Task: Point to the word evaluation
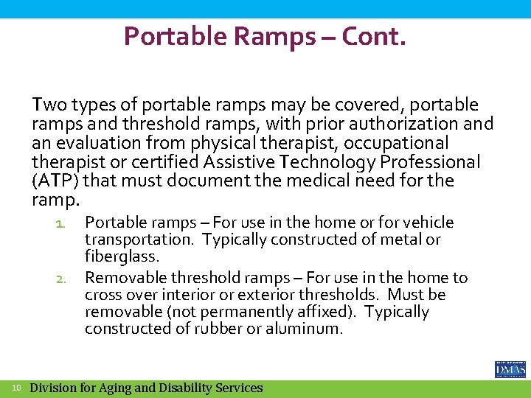click(x=97, y=143)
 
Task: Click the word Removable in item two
click(x=126, y=278)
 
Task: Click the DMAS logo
click(x=509, y=369)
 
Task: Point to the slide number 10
click(x=16, y=388)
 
